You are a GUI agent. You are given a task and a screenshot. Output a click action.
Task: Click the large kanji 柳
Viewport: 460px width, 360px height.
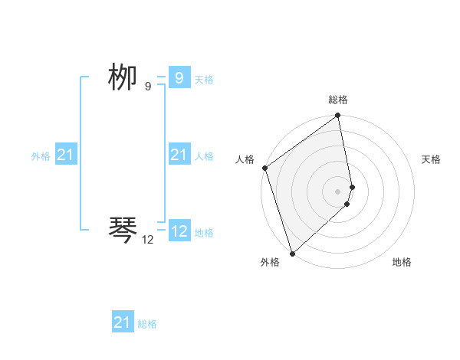coord(123,77)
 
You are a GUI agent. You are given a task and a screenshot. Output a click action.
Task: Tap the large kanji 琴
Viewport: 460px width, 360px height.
coord(123,229)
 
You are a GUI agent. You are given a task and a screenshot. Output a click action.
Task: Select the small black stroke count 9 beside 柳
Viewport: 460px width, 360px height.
coord(148,87)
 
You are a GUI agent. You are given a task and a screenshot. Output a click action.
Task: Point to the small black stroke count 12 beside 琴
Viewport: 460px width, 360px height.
coord(148,240)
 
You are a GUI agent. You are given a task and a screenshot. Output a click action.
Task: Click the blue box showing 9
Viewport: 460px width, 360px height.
coord(179,78)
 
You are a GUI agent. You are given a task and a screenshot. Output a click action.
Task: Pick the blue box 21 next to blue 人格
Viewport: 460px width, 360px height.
coord(179,155)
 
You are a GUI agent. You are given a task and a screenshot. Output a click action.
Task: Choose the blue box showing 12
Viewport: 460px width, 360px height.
coord(179,231)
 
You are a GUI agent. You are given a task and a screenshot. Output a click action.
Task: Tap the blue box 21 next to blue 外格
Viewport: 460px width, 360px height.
coord(65,155)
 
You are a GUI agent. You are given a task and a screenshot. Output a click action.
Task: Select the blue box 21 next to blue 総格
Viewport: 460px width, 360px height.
coord(122,322)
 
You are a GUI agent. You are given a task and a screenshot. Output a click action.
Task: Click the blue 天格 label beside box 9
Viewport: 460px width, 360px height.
coord(204,80)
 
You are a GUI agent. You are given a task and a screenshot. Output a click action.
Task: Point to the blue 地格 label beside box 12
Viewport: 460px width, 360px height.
coord(204,233)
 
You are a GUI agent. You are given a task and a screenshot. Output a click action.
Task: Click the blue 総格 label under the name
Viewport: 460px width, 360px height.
coord(147,324)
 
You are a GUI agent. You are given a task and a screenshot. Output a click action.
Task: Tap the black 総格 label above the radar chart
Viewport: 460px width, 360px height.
coord(338,100)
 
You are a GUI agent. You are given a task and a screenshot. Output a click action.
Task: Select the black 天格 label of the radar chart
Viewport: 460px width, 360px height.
coord(431,159)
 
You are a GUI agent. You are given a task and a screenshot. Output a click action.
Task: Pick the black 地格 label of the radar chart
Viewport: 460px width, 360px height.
coord(402,262)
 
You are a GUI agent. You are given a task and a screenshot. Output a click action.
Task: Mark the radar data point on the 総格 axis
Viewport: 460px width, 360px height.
coord(338,116)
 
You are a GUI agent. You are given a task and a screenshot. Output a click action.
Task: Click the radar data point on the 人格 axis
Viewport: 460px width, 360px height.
coord(264,168)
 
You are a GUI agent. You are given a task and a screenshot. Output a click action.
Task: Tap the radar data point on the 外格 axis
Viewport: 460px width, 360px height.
coord(292,254)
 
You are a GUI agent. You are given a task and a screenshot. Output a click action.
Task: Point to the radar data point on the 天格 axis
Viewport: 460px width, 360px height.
coord(353,186)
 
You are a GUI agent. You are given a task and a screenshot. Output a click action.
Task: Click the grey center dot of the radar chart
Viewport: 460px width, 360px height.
coord(338,191)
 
